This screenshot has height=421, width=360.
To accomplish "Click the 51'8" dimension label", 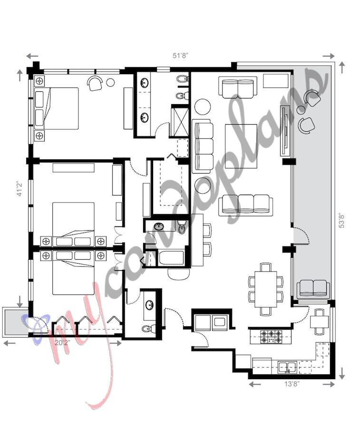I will tap(180, 55).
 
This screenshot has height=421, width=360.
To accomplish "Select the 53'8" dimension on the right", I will tap(341, 220).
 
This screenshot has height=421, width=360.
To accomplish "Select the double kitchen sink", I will tap(287, 367).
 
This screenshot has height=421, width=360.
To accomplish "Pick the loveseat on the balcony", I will tap(313, 289).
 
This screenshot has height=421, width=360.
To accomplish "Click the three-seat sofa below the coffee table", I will tap(245, 204).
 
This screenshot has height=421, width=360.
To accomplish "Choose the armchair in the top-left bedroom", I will tap(96, 83).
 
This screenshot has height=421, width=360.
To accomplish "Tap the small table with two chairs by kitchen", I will tap(318, 322).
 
